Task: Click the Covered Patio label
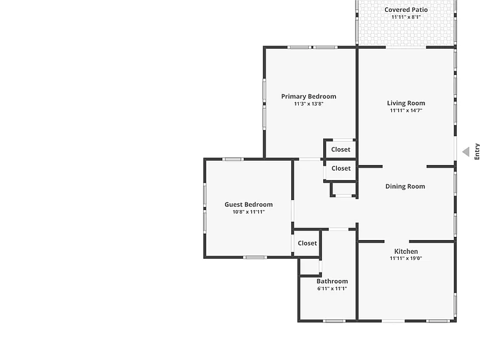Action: [406, 10]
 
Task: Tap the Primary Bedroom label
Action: [309, 96]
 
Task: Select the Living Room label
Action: [406, 103]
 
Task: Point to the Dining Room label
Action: [405, 186]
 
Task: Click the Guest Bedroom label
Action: [249, 204]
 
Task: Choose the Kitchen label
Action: [406, 251]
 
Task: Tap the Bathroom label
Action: [332, 281]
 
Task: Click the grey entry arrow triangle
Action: [466, 152]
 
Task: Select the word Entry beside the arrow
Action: [477, 151]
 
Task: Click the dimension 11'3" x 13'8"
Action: [309, 104]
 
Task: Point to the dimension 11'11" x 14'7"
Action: [406, 111]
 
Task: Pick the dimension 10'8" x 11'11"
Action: [249, 212]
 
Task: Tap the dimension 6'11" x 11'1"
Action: [332, 288]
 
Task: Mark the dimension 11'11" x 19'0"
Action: [406, 258]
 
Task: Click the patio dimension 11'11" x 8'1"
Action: [406, 17]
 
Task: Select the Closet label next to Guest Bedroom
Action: [307, 243]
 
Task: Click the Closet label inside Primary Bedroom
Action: [341, 149]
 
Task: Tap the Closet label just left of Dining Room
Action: [341, 168]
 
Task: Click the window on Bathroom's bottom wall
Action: [334, 321]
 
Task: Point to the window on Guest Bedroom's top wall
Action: [233, 159]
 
